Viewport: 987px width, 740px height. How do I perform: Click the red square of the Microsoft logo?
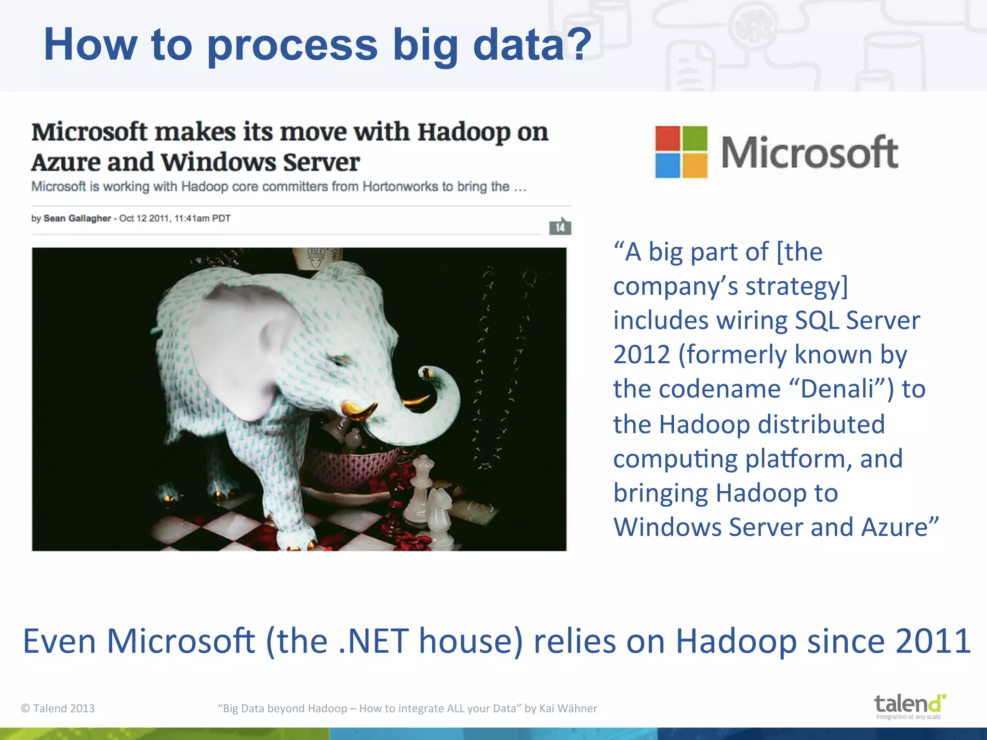tap(667, 138)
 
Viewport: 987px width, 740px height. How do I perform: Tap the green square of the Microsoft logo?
tap(695, 138)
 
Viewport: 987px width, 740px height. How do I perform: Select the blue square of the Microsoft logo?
tap(667, 165)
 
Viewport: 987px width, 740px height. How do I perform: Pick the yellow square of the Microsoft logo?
tap(695, 165)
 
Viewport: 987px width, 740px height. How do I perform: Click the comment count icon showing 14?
tap(560, 226)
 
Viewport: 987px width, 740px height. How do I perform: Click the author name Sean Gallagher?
tap(77, 218)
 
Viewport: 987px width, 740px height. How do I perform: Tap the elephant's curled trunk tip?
tap(427, 374)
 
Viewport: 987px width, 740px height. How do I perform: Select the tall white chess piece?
tap(423, 487)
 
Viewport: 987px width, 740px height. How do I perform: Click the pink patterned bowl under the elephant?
tap(347, 467)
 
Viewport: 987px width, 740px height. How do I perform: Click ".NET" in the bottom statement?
tap(373, 641)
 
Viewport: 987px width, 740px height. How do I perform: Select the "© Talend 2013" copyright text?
tap(58, 708)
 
